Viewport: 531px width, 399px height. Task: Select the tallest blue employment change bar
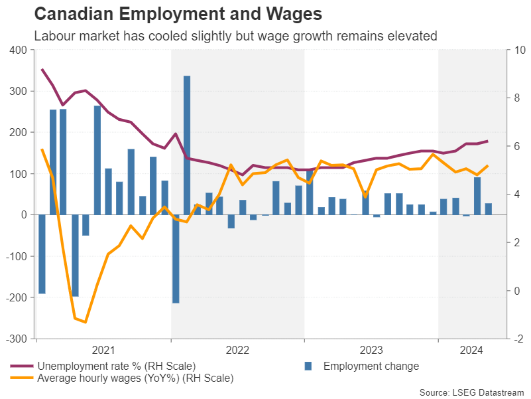187,145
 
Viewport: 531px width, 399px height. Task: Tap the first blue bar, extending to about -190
42,254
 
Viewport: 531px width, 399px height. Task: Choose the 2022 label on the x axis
237,350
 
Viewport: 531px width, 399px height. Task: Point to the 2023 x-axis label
371,350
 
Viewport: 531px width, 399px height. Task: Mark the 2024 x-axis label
471,350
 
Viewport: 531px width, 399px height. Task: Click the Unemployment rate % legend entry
117,366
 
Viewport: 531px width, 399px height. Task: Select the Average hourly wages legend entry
135,378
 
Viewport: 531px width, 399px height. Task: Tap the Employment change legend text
371,366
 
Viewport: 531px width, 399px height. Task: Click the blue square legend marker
308,366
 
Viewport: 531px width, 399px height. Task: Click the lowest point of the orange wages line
86,322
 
